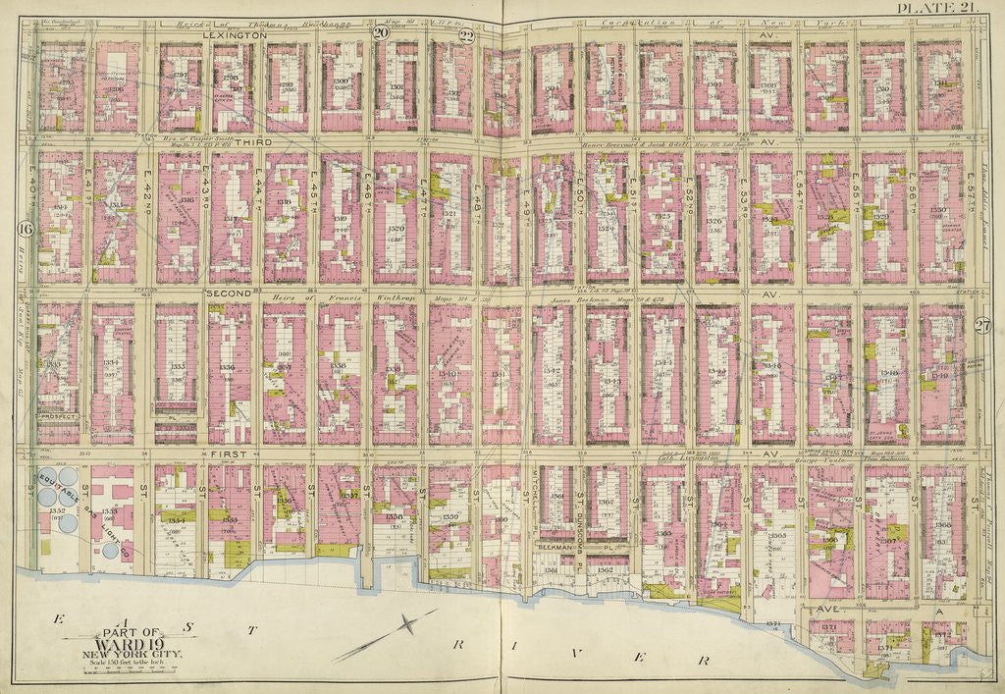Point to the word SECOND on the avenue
229,293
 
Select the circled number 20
380,32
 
